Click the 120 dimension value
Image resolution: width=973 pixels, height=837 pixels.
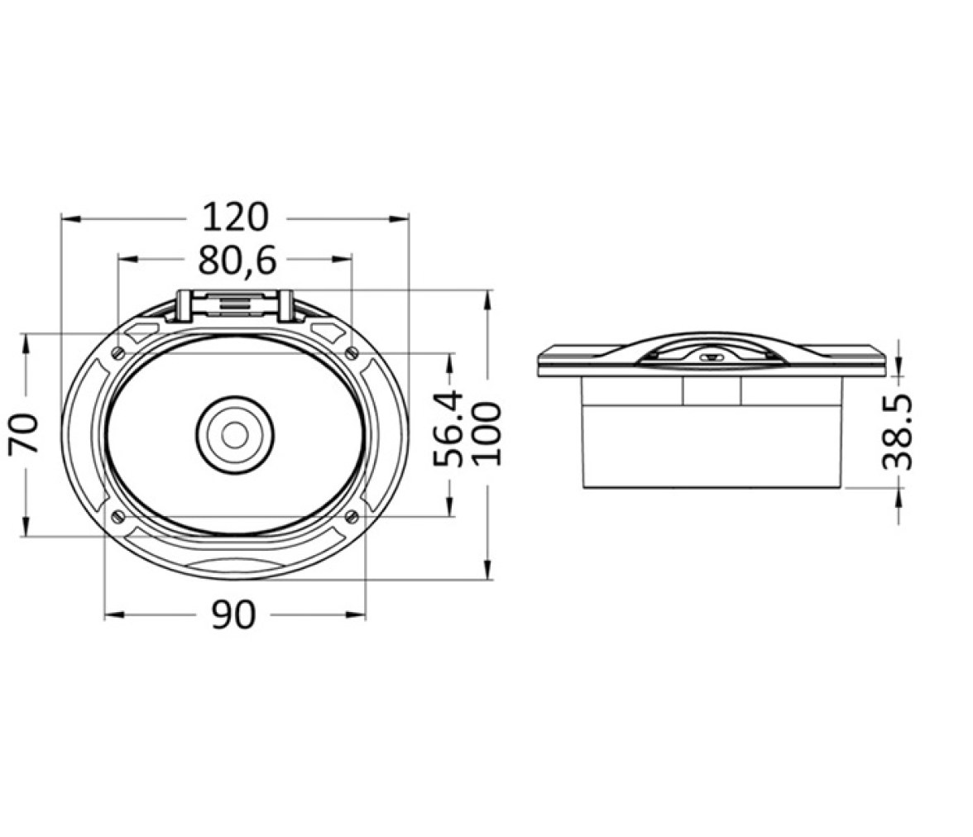tap(236, 218)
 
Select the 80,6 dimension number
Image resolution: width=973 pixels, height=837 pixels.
tap(237, 261)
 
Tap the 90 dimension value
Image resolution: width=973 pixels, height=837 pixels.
tap(233, 615)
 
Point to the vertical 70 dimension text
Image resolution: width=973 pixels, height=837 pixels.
tap(24, 433)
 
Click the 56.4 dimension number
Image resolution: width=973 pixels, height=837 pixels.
tap(448, 428)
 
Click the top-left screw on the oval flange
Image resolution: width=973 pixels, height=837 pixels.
tap(117, 354)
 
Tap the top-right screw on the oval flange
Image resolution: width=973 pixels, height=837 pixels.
tap(352, 354)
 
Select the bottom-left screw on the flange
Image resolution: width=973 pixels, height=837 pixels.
tap(117, 515)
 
